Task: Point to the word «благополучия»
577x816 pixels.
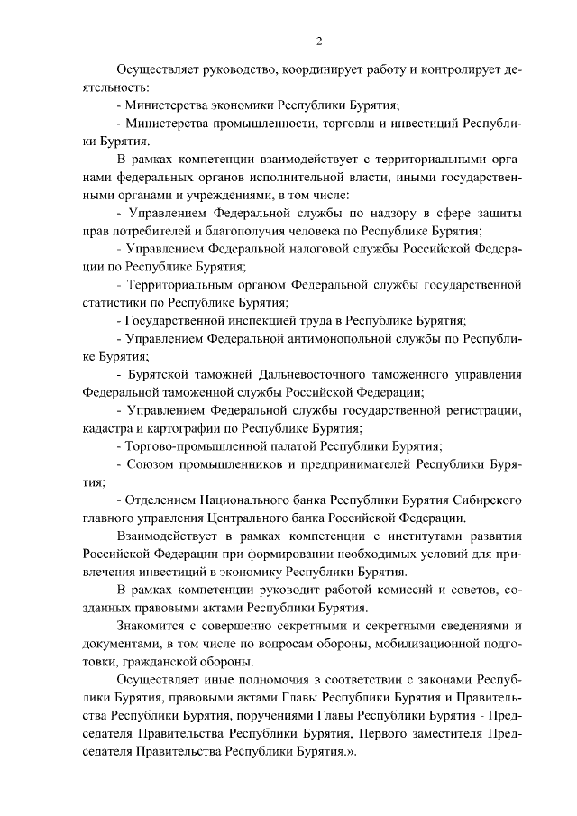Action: (243, 230)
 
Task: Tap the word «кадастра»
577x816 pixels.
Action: (106, 428)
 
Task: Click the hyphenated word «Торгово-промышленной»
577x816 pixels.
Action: (189, 446)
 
